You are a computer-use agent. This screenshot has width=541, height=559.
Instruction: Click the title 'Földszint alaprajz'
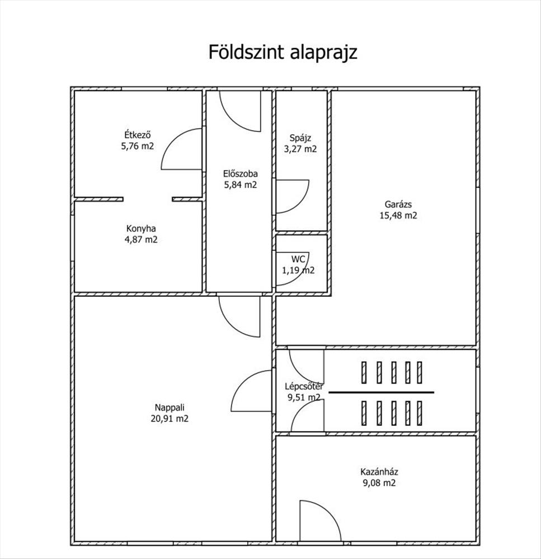click(283, 53)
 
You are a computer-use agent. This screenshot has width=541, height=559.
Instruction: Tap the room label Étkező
click(138, 135)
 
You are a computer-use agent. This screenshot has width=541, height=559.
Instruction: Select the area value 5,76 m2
click(138, 146)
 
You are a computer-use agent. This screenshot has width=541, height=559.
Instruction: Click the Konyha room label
click(141, 229)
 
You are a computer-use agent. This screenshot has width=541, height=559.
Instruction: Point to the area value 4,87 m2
click(141, 240)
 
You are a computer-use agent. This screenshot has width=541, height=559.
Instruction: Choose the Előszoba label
click(241, 174)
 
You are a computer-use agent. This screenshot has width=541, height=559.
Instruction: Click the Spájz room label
click(300, 138)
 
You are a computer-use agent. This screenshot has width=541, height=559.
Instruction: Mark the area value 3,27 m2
click(300, 149)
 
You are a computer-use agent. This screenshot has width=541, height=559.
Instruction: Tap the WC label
click(298, 259)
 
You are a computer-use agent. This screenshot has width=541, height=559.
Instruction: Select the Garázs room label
click(398, 205)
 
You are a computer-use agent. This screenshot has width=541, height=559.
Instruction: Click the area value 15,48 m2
click(398, 216)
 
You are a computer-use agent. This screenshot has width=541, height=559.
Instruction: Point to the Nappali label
click(170, 408)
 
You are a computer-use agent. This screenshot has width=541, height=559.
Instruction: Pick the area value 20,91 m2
click(170, 419)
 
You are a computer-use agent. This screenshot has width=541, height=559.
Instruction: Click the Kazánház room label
click(379, 472)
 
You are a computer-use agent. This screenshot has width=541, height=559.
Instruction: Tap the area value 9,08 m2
click(379, 483)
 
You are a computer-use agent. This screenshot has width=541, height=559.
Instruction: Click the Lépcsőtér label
click(304, 386)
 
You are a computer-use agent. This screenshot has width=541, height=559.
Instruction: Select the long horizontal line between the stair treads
click(381, 392)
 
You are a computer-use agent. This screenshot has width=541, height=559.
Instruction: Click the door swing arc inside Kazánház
click(331, 513)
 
